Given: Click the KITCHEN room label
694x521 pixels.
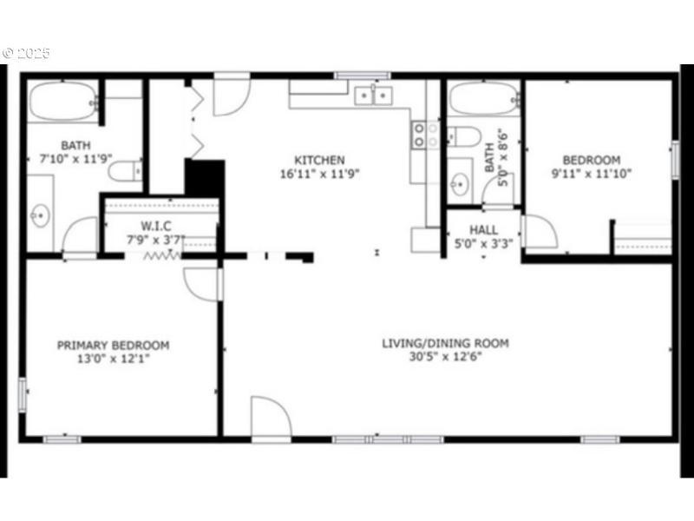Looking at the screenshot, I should click(x=320, y=160).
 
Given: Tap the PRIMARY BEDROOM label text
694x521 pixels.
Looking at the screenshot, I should click(x=113, y=345).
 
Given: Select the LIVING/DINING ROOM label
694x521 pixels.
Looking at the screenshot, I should click(x=445, y=343).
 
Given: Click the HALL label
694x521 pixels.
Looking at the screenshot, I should click(x=483, y=230).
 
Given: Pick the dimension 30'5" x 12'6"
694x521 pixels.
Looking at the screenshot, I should click(x=445, y=357).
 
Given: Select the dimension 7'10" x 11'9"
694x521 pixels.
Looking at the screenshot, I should click(x=75, y=159).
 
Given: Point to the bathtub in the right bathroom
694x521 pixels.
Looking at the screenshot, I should click(x=484, y=100).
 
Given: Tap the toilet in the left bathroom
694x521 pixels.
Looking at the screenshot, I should click(x=127, y=170).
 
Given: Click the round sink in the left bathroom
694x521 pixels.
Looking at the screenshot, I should click(x=40, y=215).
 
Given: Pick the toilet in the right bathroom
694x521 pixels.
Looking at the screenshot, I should click(x=462, y=137).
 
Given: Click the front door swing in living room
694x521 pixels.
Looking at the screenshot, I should click(x=269, y=420).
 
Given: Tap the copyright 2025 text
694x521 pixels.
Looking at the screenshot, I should click(x=28, y=54).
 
